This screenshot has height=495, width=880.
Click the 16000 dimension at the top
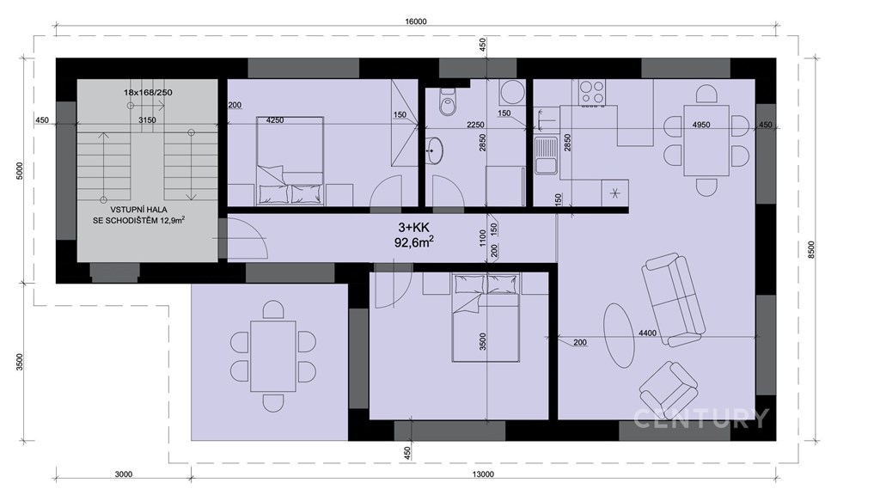click(x=415, y=21)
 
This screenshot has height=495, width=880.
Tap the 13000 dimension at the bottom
click(x=483, y=474)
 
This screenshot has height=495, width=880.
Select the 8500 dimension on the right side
click(x=811, y=249)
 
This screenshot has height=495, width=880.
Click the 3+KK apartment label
click(x=413, y=227)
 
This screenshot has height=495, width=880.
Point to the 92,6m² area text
click(x=414, y=242)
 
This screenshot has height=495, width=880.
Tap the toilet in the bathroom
click(x=448, y=102)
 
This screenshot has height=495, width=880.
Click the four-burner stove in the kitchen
click(x=592, y=93)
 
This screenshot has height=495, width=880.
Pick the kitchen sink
click(x=545, y=156)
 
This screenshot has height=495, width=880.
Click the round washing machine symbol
click(x=512, y=92)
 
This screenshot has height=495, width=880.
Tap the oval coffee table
click(x=619, y=336)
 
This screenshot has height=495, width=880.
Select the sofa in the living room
click(x=674, y=300)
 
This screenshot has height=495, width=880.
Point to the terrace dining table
click(x=272, y=357)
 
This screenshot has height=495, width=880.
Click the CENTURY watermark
click(x=701, y=419)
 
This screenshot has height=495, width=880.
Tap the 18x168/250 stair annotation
click(x=148, y=93)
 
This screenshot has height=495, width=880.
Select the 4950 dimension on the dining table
click(x=701, y=125)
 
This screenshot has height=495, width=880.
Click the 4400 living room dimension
click(x=647, y=333)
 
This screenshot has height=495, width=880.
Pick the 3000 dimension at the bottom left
click(x=124, y=474)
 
